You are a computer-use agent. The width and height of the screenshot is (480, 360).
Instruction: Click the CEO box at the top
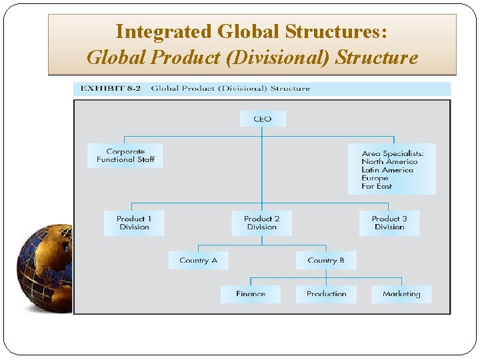263,119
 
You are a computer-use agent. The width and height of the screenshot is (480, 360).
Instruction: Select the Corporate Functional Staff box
125,155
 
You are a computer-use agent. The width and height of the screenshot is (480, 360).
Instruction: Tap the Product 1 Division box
134,223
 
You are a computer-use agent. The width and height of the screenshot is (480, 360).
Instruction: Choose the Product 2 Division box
261,223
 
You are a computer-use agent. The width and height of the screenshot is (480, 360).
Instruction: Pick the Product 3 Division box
389,223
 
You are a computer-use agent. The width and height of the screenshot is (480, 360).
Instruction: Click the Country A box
198,260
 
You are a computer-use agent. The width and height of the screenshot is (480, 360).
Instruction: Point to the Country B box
326,260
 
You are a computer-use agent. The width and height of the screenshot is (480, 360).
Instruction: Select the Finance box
251,294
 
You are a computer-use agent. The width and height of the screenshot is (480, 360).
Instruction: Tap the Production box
327,294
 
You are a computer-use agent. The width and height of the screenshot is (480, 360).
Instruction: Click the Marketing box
401,294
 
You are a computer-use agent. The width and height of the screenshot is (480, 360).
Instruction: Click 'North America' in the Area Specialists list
389,162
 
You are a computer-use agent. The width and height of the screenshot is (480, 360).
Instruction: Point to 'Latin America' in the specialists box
387,170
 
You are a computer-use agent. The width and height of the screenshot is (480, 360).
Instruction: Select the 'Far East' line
377,187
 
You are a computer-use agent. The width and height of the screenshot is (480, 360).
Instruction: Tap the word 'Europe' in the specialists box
375,179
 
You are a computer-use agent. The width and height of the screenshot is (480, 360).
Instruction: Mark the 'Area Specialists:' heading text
392,153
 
